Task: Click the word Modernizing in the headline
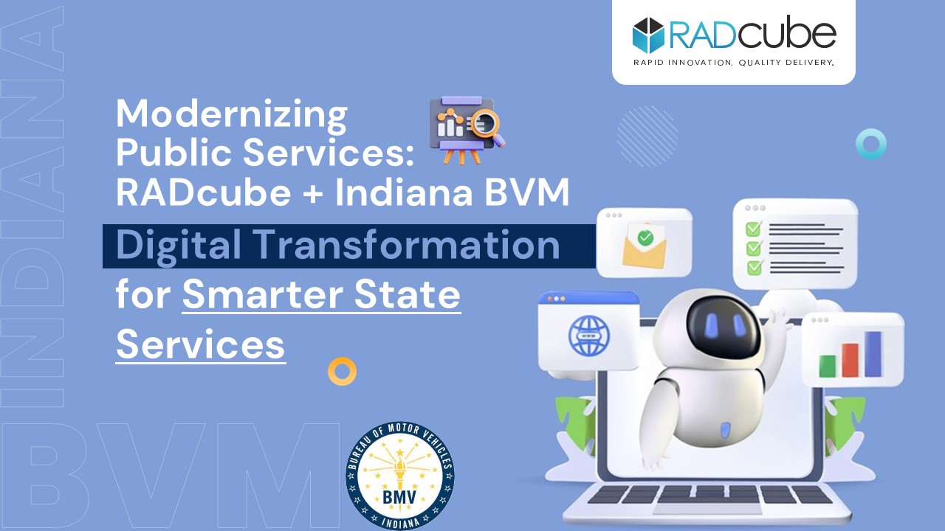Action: (232, 114)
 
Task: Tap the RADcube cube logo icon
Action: (648, 35)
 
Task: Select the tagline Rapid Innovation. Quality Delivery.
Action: (734, 63)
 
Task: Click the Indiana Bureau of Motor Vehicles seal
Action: (400, 476)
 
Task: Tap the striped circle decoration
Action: (647, 136)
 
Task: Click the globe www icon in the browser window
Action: (589, 336)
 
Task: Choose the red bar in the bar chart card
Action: (850, 360)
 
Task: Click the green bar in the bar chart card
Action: (828, 367)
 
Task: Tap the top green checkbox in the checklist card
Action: (754, 229)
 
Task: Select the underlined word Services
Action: (200, 344)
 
